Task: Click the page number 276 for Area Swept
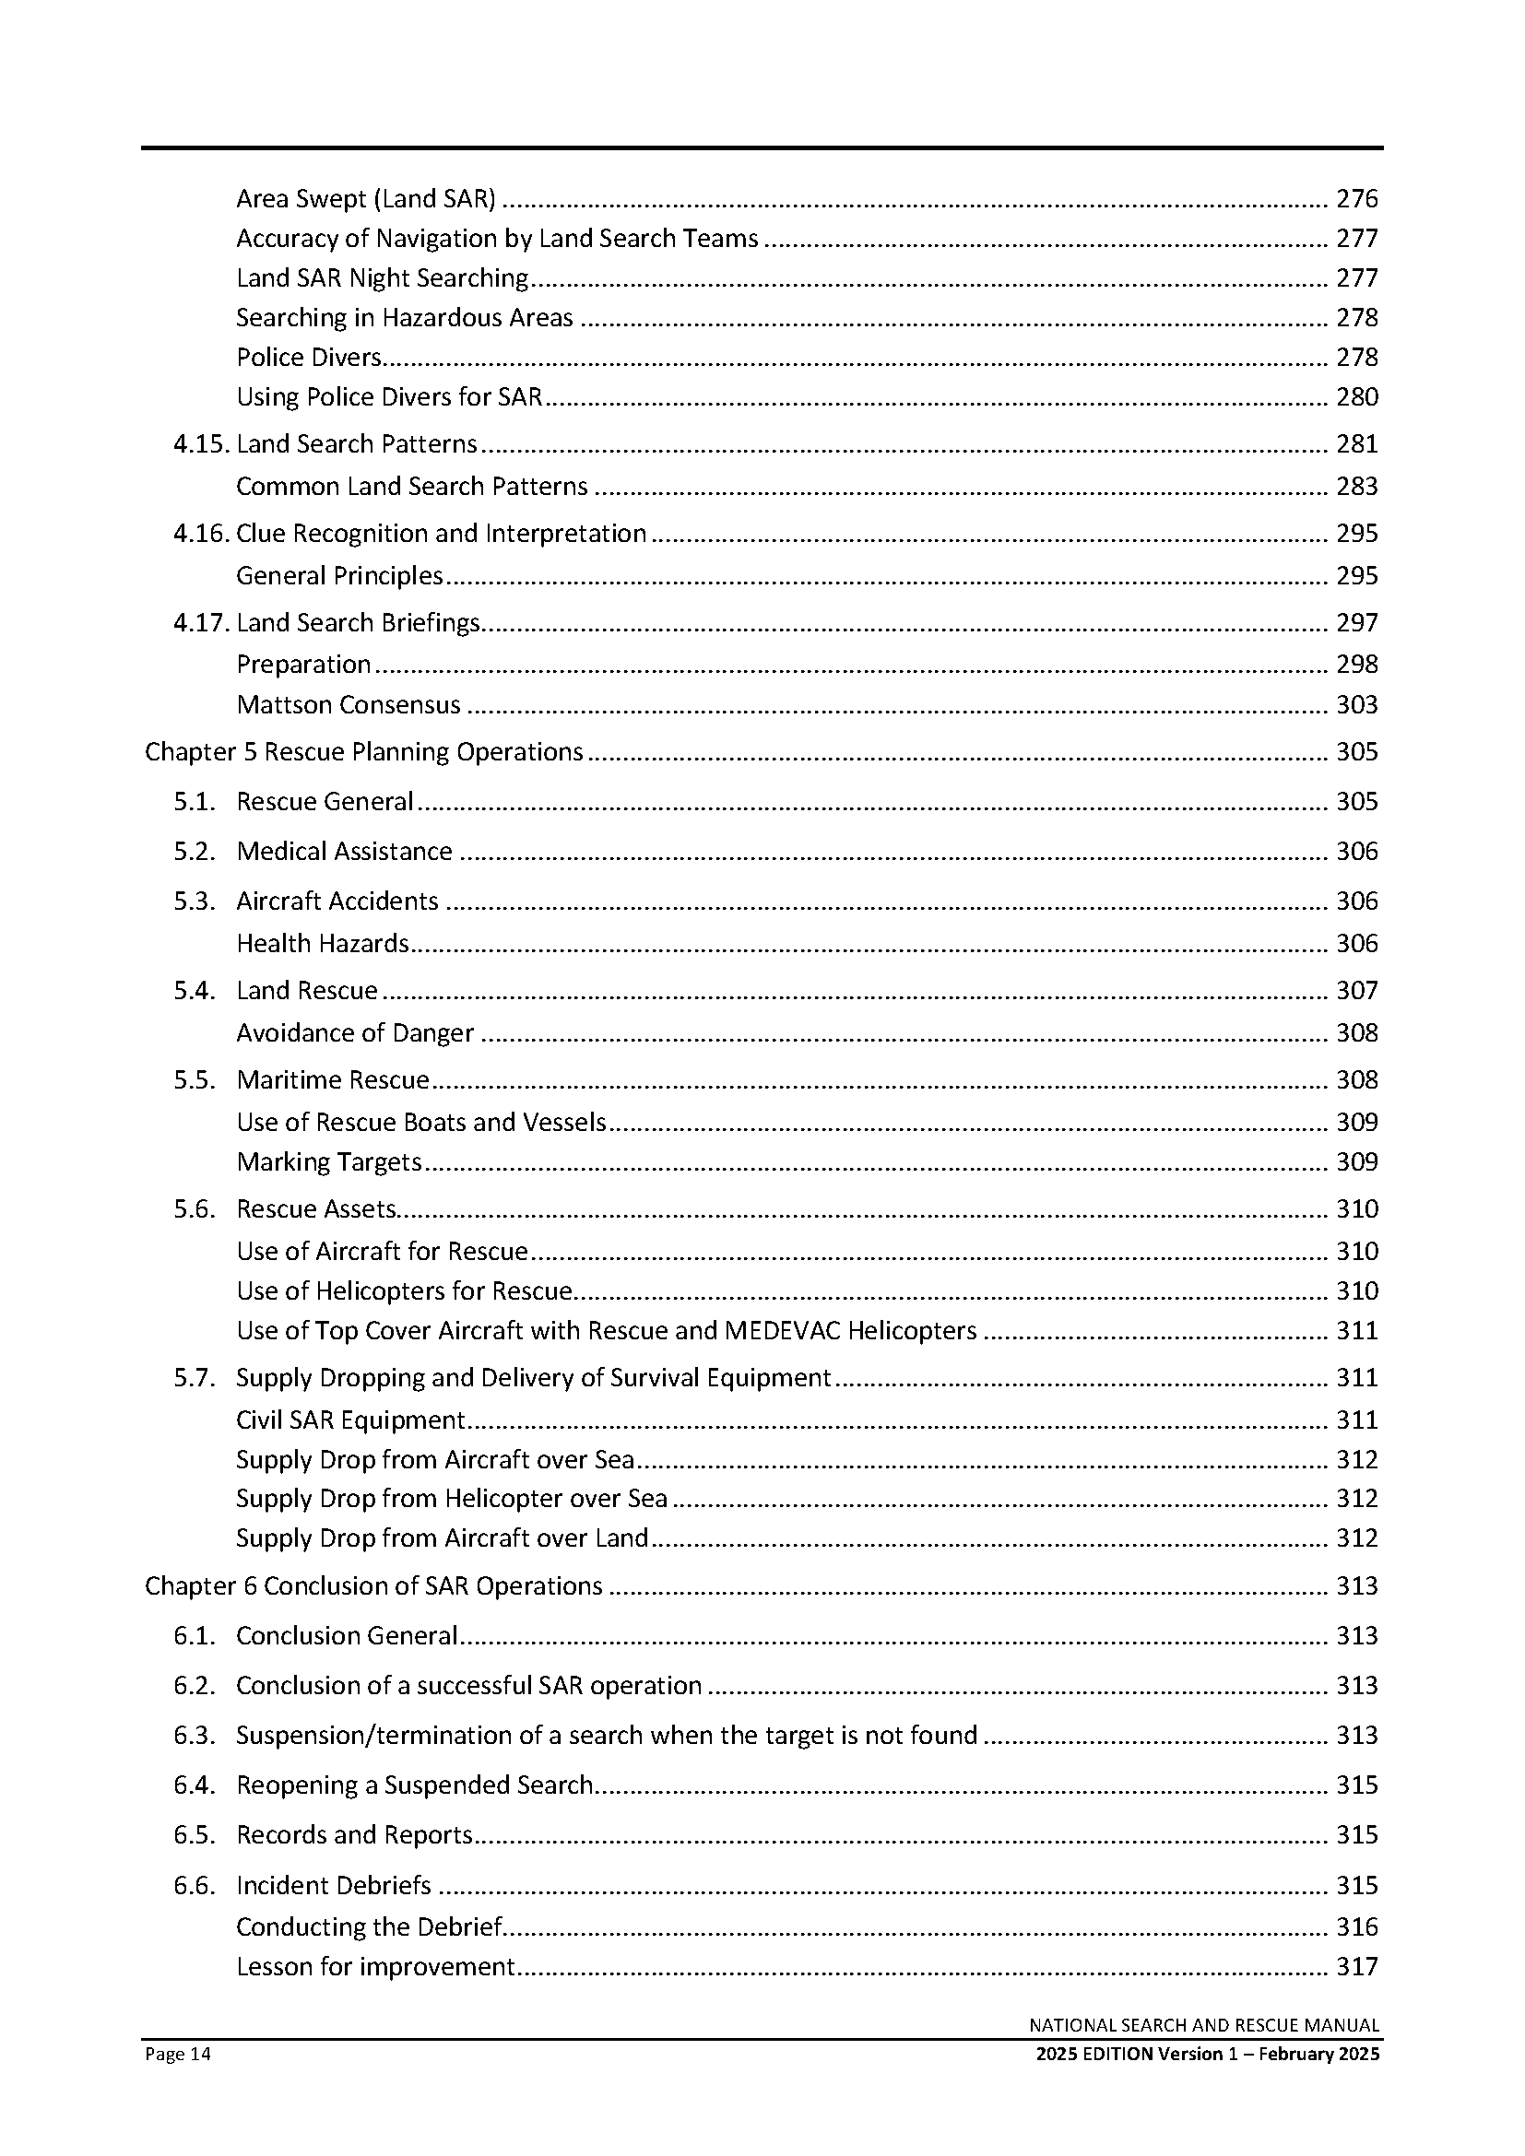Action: (x=1356, y=199)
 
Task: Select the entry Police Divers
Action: (x=309, y=358)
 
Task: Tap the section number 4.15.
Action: (x=200, y=444)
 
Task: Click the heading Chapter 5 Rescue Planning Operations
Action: (x=363, y=752)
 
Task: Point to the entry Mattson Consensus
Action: (x=349, y=705)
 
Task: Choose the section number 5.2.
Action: (x=195, y=852)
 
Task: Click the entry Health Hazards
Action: (x=322, y=944)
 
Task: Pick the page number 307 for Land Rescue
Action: (x=1356, y=991)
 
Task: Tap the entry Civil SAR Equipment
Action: (x=350, y=1420)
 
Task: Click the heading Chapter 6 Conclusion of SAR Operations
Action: (x=372, y=1586)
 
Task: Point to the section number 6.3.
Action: (x=195, y=1736)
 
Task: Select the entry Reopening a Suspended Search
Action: (x=414, y=1785)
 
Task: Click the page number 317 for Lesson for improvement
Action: (x=1356, y=1967)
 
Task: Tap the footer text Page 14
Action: (x=177, y=2055)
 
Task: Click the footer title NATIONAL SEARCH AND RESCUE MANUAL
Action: (x=1204, y=2025)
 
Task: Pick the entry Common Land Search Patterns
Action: (x=411, y=487)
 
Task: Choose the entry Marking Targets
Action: (x=328, y=1162)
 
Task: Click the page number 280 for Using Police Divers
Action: (x=1356, y=397)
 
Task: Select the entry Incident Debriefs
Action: (x=334, y=1886)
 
